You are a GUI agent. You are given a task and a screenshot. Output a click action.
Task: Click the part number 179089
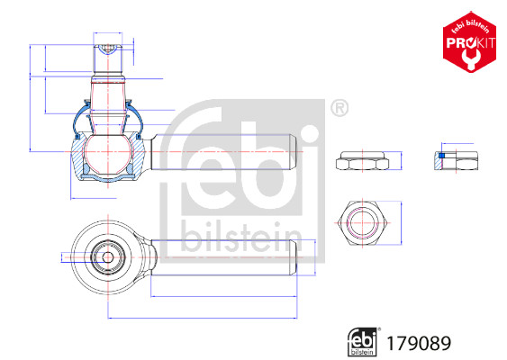pyautogui.click(x=417, y=343)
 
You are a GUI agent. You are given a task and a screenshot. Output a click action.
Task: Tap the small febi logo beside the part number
pyautogui.click(x=362, y=342)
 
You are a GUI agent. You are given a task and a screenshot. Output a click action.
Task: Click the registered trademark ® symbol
pyautogui.click(x=339, y=109)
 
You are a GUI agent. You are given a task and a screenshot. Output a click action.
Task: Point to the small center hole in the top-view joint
pyautogui.click(x=108, y=256)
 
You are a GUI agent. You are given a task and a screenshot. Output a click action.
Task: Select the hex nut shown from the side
pyautogui.click(x=362, y=162)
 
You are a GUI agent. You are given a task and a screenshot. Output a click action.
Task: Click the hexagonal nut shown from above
pyautogui.click(x=362, y=220)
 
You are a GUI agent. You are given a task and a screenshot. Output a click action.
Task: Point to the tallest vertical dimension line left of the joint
pyautogui.click(x=32, y=98)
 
